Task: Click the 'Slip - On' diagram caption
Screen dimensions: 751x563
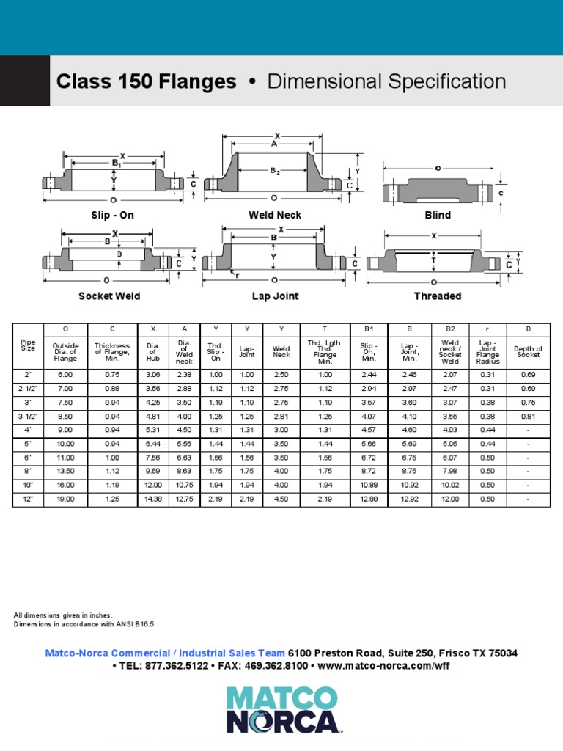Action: pos(111,215)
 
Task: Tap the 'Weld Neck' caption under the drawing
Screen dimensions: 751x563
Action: pos(275,215)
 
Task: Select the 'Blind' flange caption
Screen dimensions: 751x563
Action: pos(438,215)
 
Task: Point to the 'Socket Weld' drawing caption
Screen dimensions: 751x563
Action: pos(109,296)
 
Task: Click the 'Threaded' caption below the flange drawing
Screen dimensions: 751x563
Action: pos(438,296)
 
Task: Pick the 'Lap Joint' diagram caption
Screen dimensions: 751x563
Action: pos(274,296)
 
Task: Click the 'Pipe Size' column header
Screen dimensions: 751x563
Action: pos(28,345)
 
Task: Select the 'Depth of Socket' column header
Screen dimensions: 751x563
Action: pos(528,351)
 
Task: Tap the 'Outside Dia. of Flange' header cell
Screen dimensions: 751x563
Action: pos(65,351)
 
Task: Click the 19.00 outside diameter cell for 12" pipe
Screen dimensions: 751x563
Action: pos(65,499)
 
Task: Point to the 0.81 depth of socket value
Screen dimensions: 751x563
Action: pos(528,416)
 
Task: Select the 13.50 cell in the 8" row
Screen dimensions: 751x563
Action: pos(65,472)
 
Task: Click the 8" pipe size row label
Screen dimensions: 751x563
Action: pos(28,472)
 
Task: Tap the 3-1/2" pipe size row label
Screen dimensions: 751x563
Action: pos(28,416)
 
